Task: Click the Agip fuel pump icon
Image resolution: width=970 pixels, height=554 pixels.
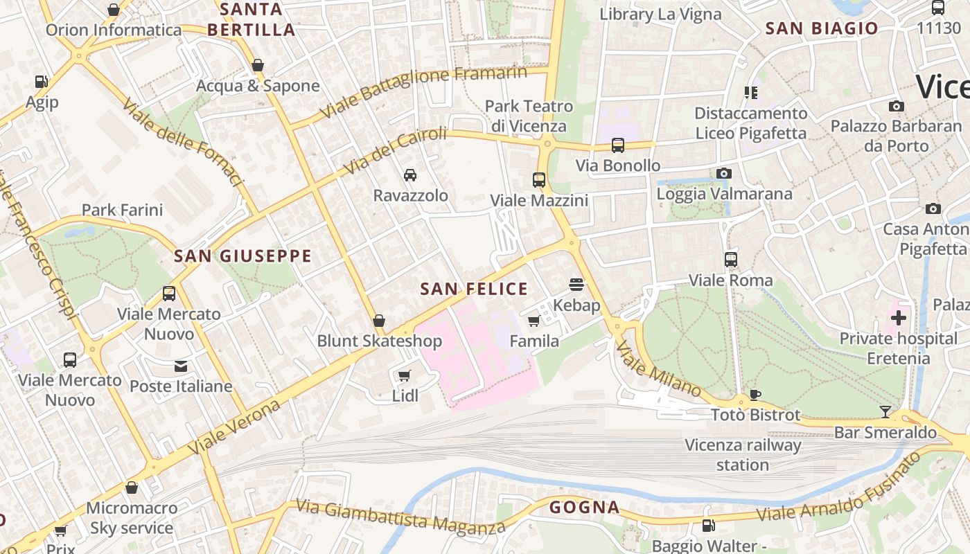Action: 42,82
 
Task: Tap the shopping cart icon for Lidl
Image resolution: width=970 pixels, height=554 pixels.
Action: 405,375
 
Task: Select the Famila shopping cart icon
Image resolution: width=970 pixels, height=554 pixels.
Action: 534,321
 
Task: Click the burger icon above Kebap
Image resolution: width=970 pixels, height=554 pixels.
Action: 576,284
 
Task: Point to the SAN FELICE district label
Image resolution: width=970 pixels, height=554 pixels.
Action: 474,289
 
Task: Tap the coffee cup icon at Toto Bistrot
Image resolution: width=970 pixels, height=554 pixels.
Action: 755,395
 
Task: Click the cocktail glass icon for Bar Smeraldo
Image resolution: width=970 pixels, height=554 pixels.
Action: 885,412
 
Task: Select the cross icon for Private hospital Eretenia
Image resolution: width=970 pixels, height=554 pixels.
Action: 899,318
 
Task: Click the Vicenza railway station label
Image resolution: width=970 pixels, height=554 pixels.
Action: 743,455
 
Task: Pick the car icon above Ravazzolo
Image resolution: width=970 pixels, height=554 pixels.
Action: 410,175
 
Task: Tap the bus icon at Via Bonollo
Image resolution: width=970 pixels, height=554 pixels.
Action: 617,145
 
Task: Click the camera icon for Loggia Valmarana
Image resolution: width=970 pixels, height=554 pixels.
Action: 724,173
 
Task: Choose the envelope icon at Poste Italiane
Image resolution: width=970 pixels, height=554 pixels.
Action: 181,366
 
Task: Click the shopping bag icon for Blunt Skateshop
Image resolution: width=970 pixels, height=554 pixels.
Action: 379,321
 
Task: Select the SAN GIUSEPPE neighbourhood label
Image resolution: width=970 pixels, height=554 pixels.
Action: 242,256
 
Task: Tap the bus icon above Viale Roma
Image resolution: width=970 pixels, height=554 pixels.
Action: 731,260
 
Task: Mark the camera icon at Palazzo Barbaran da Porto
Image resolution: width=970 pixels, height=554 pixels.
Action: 897,106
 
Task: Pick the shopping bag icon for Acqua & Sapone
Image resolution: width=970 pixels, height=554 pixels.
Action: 258,66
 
